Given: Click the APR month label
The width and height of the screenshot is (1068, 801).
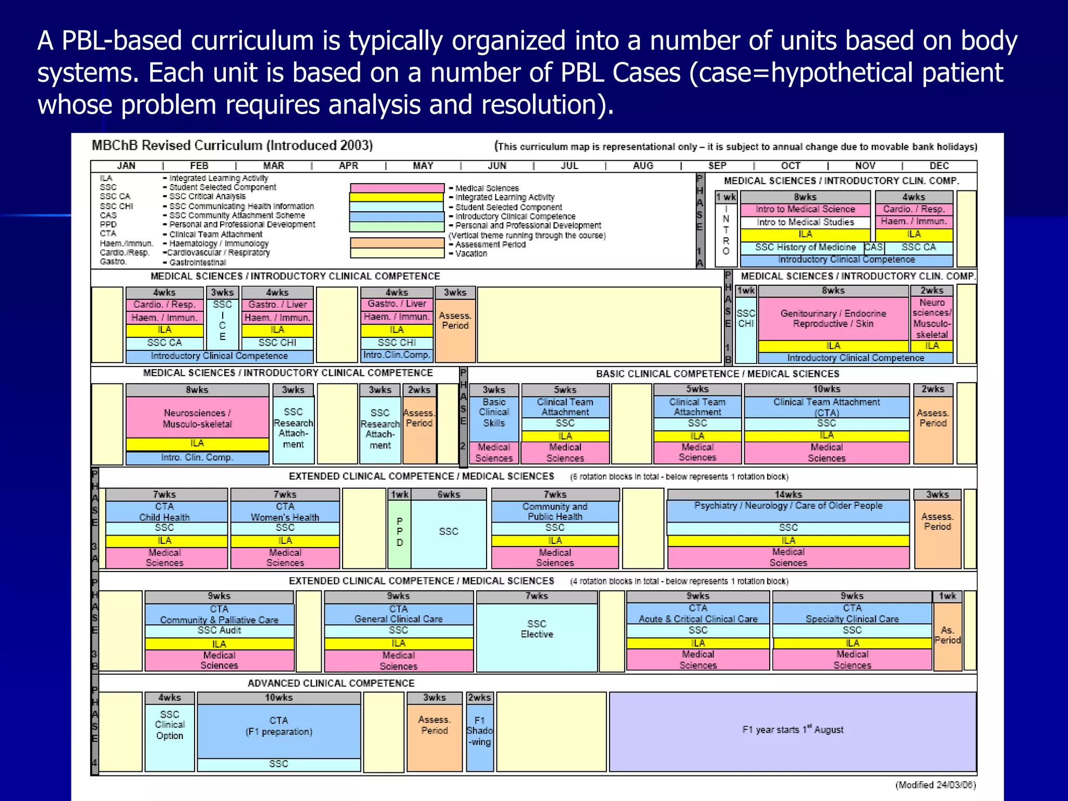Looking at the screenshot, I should coord(348,166).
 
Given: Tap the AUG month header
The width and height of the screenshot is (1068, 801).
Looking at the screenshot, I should coord(643,166).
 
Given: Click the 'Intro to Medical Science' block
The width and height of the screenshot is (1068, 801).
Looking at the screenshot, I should coord(805,210).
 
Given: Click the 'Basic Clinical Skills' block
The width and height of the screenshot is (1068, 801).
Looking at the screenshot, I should coord(494,412).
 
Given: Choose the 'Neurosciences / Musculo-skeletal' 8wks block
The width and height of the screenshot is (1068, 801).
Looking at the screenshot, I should coord(197,418).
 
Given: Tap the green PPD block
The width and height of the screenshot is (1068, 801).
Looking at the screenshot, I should coord(399,532).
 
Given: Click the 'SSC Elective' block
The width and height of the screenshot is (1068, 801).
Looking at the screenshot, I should coord(537,629).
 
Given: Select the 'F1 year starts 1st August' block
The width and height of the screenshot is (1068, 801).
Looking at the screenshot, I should coord(792,730).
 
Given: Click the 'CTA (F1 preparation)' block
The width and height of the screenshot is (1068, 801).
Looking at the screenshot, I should coord(278,726).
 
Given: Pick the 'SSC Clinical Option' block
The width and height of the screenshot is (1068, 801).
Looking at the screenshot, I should coord(169,725).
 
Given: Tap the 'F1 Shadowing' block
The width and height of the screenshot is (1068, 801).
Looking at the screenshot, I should coord(480,731).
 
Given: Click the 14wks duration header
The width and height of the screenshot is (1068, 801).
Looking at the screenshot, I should coord(788,494).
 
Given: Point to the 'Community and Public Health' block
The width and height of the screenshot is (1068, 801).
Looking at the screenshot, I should coord(555,512).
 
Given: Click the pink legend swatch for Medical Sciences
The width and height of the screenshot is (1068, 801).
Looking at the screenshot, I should coord(397,188).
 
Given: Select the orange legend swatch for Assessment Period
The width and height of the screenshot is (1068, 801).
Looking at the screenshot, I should coord(397,243).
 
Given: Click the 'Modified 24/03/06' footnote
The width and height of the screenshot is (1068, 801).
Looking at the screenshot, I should coord(936,785).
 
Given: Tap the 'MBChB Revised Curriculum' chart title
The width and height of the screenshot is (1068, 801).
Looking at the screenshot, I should coord(232,145).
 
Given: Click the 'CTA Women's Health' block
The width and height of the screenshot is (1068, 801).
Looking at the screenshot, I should coord(285,512).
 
